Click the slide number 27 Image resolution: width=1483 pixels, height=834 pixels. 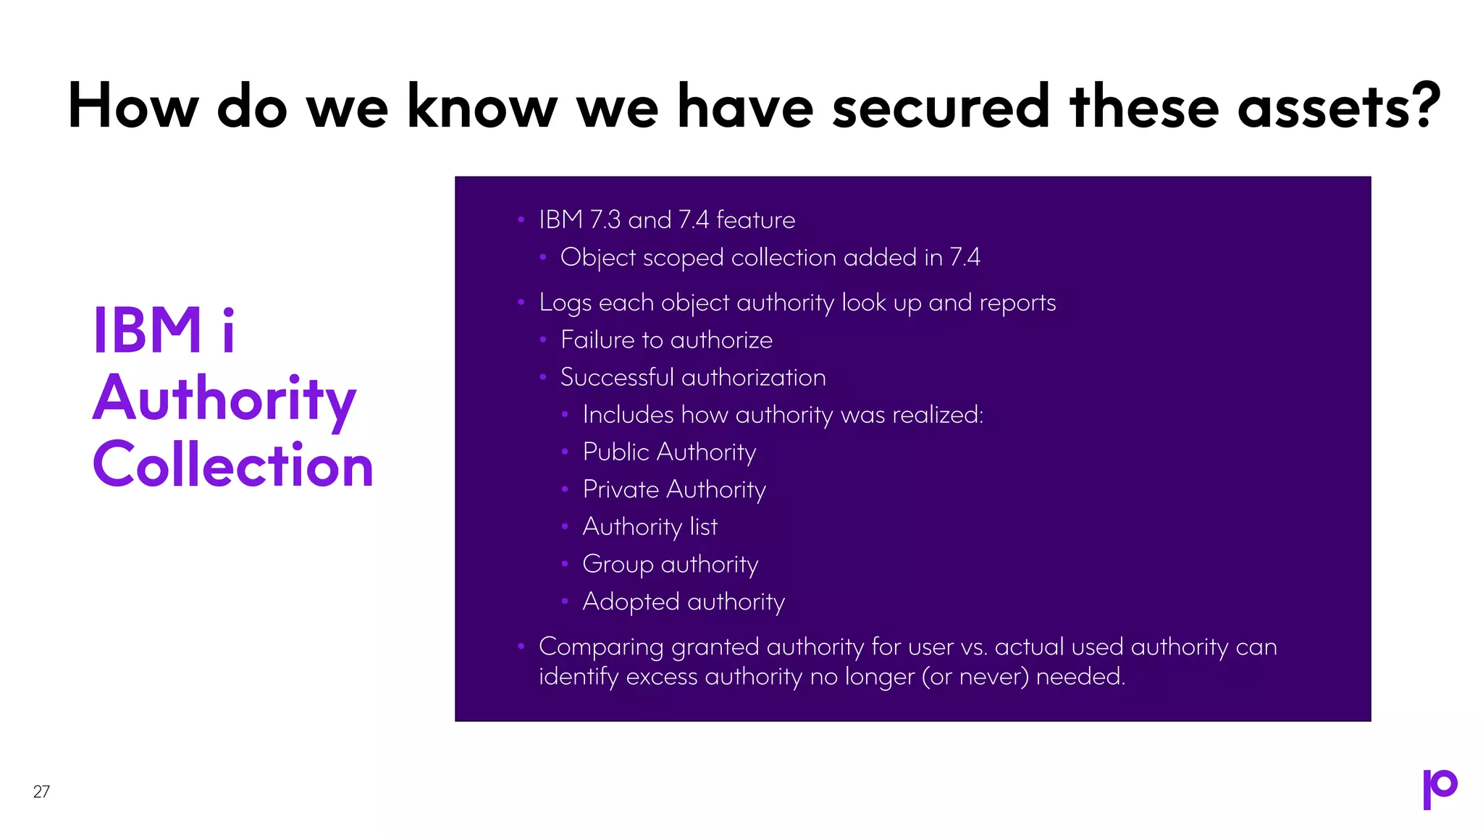tap(41, 791)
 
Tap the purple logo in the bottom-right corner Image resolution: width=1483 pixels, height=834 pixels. tap(1440, 788)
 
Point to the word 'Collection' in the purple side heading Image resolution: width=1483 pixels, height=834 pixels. tap(233, 465)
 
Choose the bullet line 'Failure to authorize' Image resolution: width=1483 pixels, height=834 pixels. tap(666, 340)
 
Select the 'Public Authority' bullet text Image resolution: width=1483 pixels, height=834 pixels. tap(669, 452)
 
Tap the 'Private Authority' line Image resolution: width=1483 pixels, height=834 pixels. tap(674, 489)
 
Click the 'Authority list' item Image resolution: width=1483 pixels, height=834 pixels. tap(650, 526)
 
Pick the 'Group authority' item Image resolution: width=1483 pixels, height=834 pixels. tap(670, 564)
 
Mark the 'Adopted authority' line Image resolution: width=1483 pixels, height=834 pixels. tap(684, 602)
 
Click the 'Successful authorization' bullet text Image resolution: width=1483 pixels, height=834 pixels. tap(693, 377)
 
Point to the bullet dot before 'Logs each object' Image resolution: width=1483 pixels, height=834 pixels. tap(521, 302)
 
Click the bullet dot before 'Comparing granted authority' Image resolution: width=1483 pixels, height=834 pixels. tap(521, 646)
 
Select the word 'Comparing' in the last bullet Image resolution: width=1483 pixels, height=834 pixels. tap(601, 646)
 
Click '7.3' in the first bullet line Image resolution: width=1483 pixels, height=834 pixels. tap(605, 219)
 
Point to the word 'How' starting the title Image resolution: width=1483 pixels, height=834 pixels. tap(133, 106)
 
